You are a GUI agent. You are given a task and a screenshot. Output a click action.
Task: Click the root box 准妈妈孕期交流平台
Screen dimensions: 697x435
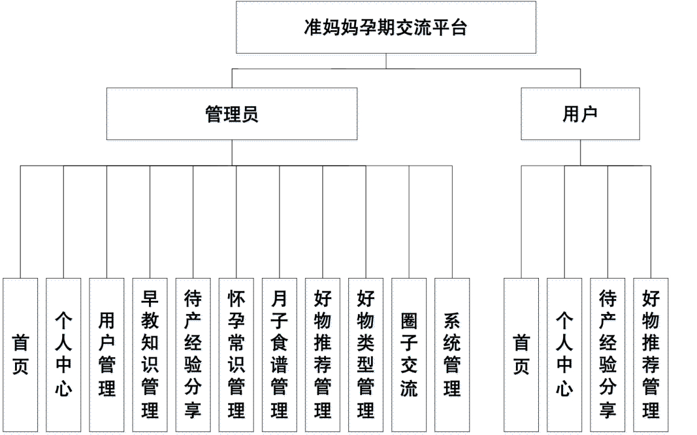pyautogui.click(x=386, y=27)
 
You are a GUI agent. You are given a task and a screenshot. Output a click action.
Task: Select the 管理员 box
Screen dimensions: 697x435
pyautogui.click(x=232, y=114)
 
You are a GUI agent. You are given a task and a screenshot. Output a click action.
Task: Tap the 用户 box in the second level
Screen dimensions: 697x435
pyautogui.click(x=580, y=114)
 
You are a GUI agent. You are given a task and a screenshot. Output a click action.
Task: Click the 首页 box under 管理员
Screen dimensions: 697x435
pyautogui.click(x=20, y=355)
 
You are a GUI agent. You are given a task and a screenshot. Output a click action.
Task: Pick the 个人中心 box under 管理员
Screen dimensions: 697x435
pyautogui.click(x=63, y=355)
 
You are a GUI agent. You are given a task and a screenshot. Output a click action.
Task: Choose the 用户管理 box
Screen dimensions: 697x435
pyautogui.click(x=107, y=355)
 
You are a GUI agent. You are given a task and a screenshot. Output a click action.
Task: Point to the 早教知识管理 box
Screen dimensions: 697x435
pyautogui.click(x=150, y=355)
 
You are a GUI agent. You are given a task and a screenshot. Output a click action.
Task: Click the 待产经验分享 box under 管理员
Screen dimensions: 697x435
pyautogui.click(x=193, y=355)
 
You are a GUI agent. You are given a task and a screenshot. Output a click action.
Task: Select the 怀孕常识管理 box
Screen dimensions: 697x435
pyautogui.click(x=236, y=355)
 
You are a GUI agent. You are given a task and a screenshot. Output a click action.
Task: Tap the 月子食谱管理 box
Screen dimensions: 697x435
pyautogui.click(x=279, y=355)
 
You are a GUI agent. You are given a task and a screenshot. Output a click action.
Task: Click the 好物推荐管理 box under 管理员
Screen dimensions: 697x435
pyautogui.click(x=323, y=355)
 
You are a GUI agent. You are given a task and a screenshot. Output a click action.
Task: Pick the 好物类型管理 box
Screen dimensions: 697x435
pyautogui.click(x=366, y=355)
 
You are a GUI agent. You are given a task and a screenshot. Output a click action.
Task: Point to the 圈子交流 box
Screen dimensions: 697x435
pyautogui.click(x=409, y=355)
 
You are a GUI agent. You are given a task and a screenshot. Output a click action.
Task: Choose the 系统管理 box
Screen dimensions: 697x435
pyautogui.click(x=452, y=355)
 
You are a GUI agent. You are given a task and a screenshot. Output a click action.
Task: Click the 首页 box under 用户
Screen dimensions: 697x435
pyautogui.click(x=521, y=355)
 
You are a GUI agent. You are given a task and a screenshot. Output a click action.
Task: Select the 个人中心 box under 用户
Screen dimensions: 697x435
pyautogui.click(x=564, y=355)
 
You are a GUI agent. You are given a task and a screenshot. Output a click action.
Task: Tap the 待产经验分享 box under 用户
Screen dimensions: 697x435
pyautogui.click(x=608, y=355)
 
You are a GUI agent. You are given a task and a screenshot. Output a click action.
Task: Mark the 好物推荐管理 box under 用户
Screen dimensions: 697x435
pyautogui.click(x=651, y=355)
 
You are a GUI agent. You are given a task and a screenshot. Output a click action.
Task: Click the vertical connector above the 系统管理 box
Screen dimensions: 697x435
pyautogui.click(x=452, y=222)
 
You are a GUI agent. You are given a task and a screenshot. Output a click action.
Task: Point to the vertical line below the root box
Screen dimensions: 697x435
pyautogui.click(x=386, y=61)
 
